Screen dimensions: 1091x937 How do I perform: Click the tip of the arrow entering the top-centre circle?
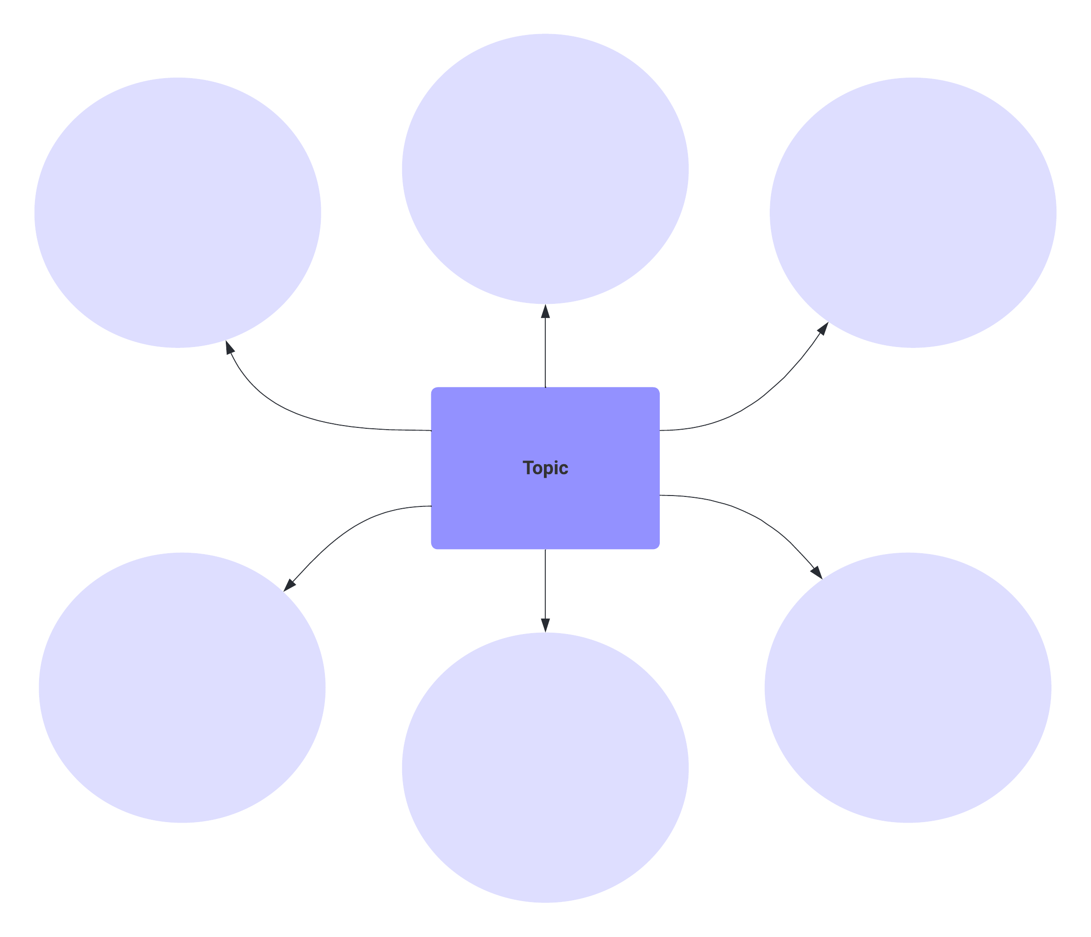[545, 304]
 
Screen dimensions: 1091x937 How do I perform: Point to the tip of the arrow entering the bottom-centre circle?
[545, 632]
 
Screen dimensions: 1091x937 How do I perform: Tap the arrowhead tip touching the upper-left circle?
[226, 340]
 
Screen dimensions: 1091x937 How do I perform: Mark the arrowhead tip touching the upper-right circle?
[828, 322]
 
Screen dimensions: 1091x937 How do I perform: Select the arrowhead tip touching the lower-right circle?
[822, 579]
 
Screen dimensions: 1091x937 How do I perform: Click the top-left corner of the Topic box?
[431, 387]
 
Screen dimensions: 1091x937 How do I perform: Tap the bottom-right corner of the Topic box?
[660, 549]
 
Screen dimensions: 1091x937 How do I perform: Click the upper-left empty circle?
[178, 213]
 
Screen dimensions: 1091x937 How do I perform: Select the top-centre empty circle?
[545, 169]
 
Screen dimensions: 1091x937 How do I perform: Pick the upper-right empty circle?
[913, 213]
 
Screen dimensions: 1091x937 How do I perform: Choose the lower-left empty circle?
[182, 688]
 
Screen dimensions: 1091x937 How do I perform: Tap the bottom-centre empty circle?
[545, 768]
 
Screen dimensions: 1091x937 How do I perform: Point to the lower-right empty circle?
[908, 688]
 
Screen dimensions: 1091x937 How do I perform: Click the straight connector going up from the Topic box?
[545, 346]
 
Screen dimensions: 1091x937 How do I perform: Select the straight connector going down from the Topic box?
[545, 590]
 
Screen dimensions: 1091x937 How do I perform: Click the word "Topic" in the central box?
[545, 468]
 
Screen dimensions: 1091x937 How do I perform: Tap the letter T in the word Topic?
[528, 467]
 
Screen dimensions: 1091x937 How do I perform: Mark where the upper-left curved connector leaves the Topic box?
[431, 431]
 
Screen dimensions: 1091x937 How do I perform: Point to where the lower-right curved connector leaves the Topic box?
[660, 496]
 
